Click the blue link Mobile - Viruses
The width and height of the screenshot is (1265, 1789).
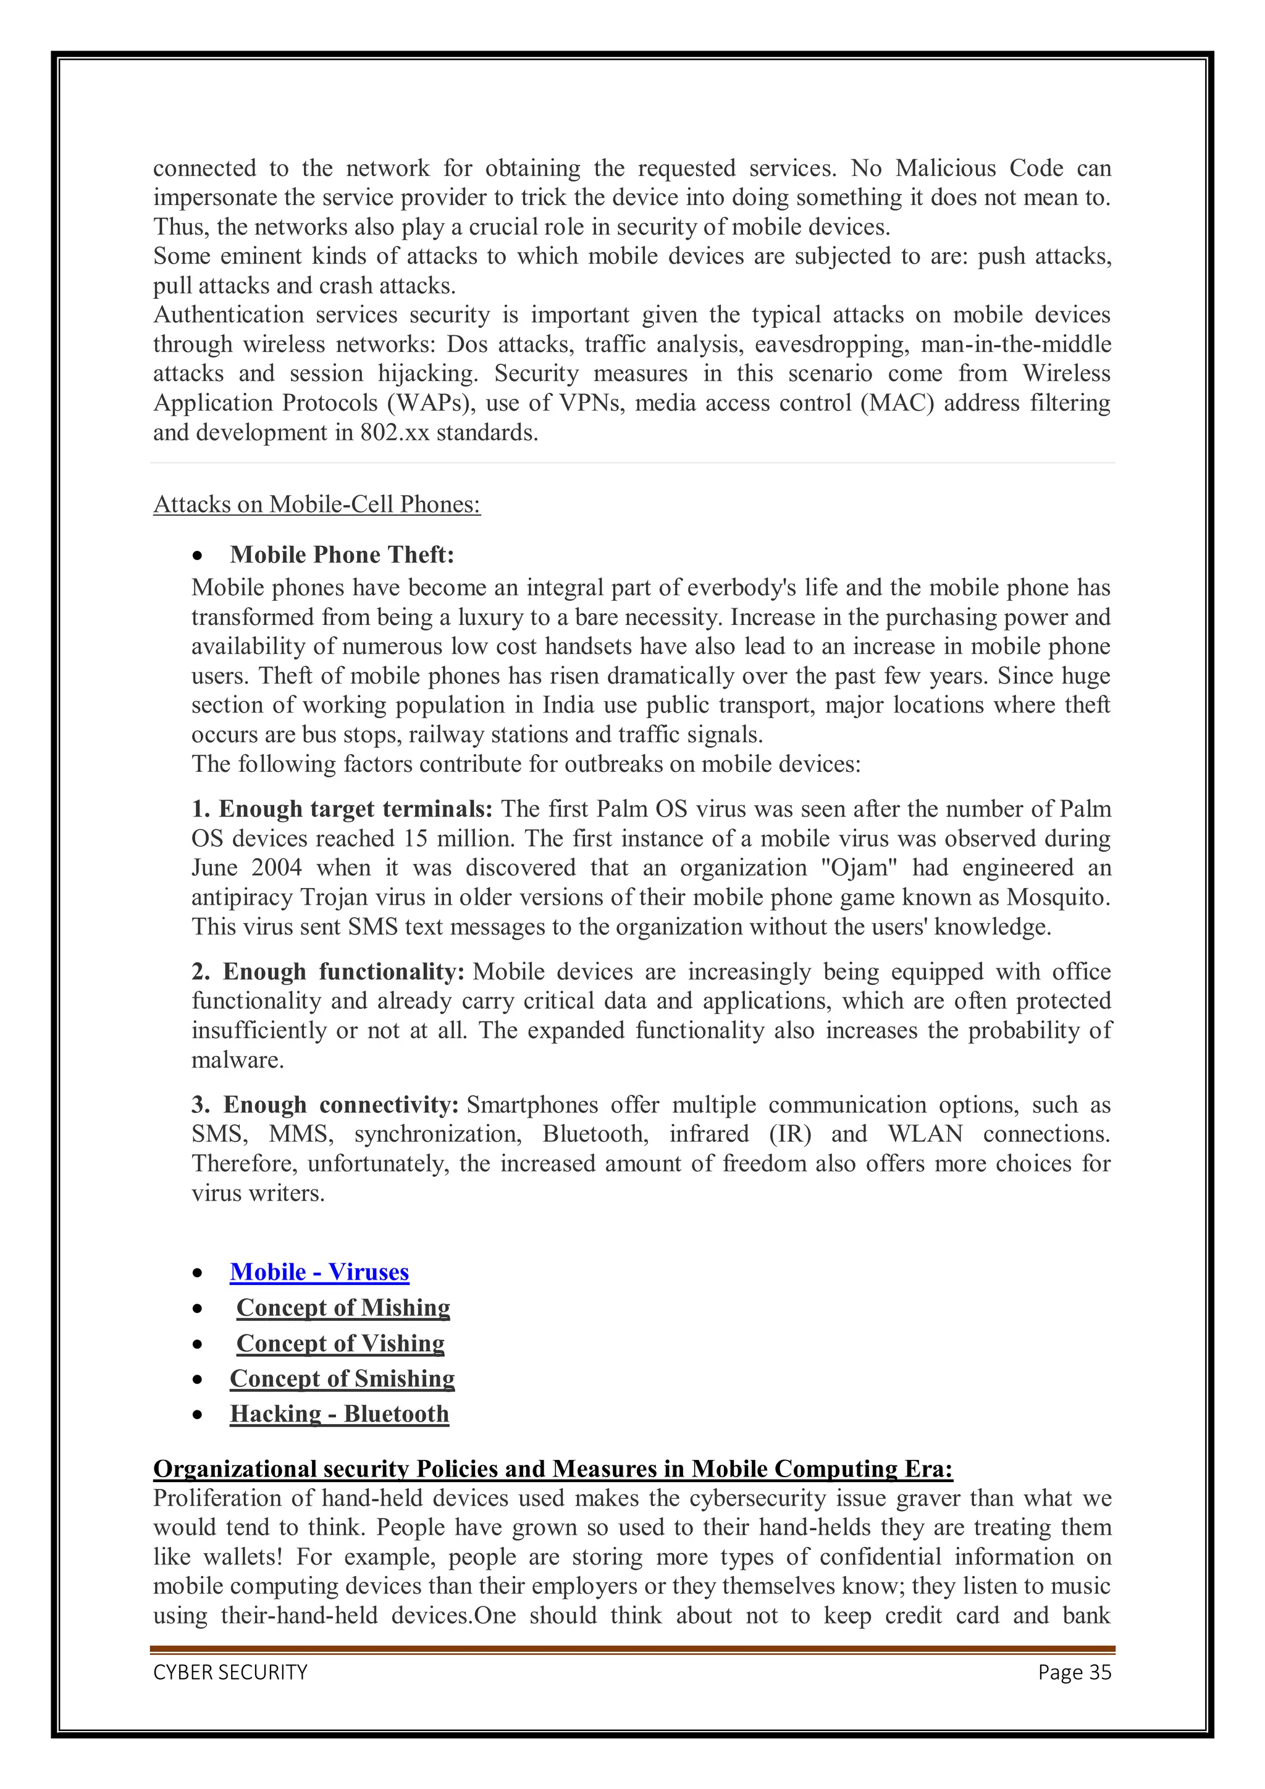point(319,1272)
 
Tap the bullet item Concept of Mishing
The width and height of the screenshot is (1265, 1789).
point(343,1308)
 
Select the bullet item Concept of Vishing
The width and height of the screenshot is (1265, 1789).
point(340,1344)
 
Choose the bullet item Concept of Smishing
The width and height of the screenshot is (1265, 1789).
point(342,1379)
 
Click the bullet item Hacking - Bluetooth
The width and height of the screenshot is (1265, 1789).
point(339,1414)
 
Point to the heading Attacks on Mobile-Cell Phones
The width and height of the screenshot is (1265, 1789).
point(316,505)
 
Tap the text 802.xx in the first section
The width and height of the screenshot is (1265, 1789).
point(395,434)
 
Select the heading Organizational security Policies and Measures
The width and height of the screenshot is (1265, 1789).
point(553,1470)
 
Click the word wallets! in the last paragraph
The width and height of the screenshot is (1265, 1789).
point(242,1557)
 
